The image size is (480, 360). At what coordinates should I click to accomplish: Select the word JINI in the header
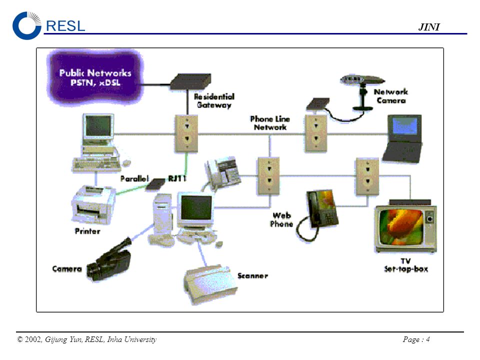(429, 27)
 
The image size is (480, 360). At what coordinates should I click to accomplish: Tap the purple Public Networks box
(95, 77)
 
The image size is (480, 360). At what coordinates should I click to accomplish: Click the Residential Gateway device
(190, 81)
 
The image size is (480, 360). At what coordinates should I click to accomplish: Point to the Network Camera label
(391, 96)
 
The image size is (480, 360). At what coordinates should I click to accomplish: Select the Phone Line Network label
(269, 123)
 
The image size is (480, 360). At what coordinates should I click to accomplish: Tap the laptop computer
(403, 138)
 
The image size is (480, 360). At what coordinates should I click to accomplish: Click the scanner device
(210, 284)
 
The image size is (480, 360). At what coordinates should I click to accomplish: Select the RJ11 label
(177, 178)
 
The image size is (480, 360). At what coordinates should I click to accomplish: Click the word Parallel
(134, 178)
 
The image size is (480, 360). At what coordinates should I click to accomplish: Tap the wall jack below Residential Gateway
(186, 133)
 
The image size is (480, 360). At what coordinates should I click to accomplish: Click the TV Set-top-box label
(406, 265)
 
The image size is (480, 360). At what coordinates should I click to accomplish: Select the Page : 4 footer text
(416, 339)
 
